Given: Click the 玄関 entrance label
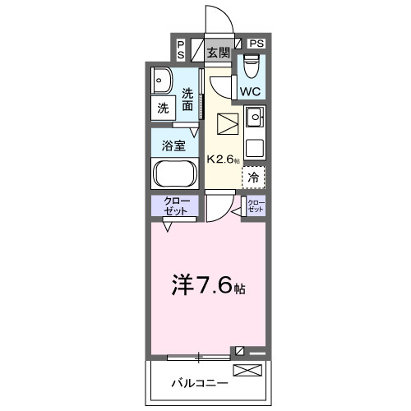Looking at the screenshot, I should tap(218, 53).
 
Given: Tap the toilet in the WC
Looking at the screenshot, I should tap(252, 64).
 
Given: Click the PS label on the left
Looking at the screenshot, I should tap(180, 49).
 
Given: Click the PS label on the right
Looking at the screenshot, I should tap(256, 43).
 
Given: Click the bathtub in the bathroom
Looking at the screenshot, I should tap(173, 174).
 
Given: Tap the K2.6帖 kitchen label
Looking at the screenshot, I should tap(223, 159).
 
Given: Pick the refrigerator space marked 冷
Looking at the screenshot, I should tap(253, 176).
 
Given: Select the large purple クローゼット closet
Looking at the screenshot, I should tap(174, 207).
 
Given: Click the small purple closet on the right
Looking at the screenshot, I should tap(256, 206).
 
